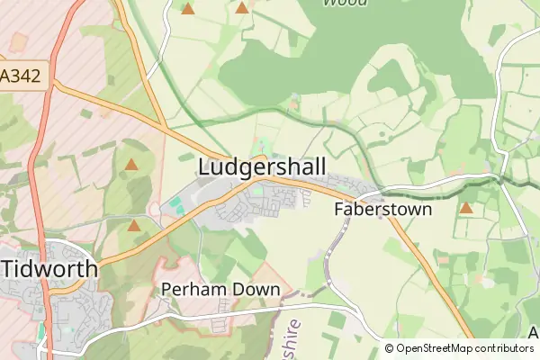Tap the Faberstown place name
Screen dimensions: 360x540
382,210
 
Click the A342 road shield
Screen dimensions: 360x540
21,76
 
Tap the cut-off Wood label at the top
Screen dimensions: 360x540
345,3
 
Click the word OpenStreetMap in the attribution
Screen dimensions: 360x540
441,348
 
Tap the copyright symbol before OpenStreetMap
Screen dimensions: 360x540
389,348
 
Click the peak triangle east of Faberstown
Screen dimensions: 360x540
465,209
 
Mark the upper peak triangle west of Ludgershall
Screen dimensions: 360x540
131,165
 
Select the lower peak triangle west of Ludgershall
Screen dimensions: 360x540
133,225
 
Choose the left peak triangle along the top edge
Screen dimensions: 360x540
187,9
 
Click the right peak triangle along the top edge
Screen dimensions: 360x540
241,8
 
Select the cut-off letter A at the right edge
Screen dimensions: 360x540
533,333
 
